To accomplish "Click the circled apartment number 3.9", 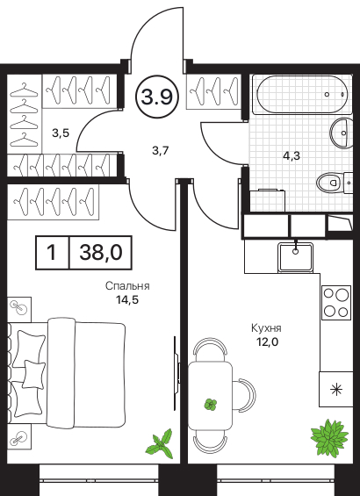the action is [157, 97].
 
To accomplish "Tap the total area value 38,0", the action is [101, 253].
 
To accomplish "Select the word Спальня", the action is [127, 286].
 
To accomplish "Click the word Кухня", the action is [266, 328].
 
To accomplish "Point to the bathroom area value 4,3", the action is [291, 155].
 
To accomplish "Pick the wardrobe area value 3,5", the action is [61, 133].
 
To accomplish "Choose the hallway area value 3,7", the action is [161, 151].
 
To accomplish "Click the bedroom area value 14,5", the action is [127, 299].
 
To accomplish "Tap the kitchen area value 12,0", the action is [267, 341].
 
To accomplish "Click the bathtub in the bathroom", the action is [301, 94].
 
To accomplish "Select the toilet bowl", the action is [330, 183].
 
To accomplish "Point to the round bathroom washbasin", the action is [342, 133].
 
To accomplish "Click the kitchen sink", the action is [296, 257].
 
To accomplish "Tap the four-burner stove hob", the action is [336, 302].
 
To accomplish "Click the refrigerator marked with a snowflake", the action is [336, 389].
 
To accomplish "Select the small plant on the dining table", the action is [211, 405].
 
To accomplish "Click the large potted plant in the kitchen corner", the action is [329, 437].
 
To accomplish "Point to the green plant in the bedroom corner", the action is [161, 444].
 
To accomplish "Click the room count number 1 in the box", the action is [52, 253].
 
